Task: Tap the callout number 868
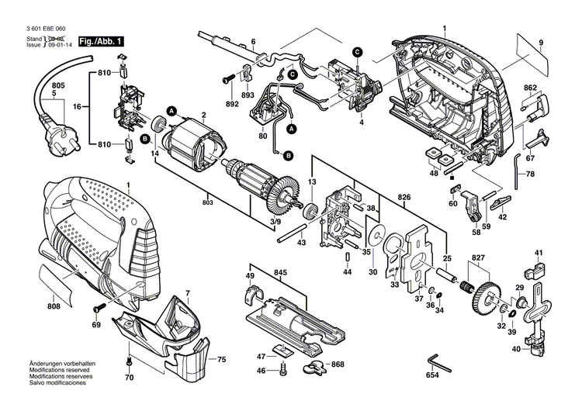[x=337, y=364]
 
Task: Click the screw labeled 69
[x=99, y=309]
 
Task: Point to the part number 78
[x=553, y=174]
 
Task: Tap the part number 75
[x=221, y=359]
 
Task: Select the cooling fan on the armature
[x=286, y=194]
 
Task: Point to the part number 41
[x=539, y=252]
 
